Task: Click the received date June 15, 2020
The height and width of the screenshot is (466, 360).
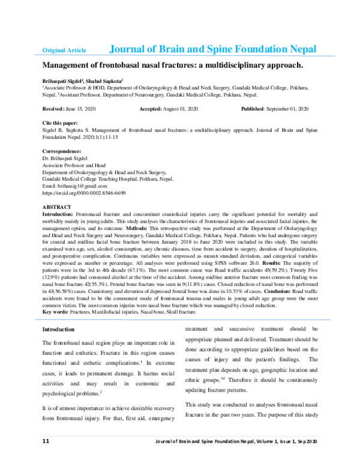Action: coord(82,108)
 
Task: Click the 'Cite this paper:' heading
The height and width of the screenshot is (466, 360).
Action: coord(59,122)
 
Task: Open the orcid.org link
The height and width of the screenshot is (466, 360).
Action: coord(83,193)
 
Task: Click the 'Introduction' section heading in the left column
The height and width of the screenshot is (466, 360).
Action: coord(58,330)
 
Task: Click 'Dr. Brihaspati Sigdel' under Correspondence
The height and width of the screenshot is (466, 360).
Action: coord(67,157)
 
